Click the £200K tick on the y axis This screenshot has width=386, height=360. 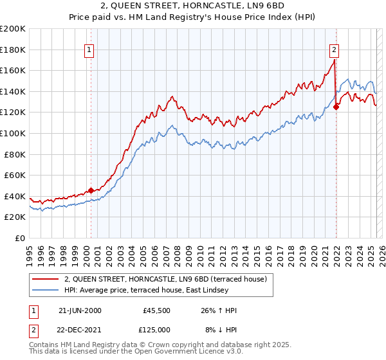13,29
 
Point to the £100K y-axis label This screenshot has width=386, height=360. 13,133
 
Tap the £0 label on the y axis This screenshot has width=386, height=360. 20,238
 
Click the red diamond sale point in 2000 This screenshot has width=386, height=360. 91,190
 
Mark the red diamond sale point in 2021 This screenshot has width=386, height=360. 336,107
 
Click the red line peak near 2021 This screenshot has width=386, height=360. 335,60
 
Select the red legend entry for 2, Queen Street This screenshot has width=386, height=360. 169,278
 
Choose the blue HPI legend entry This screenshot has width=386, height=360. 169,291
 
